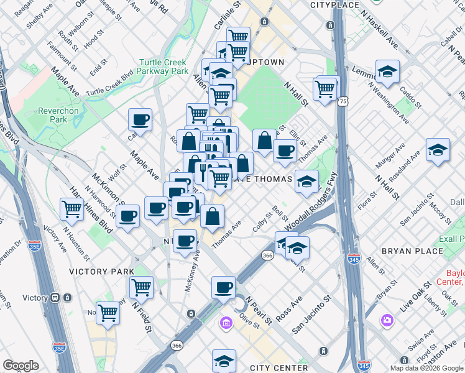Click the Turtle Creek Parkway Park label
pos(163,67)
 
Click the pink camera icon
pos(388,320)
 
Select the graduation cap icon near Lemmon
pos(387,73)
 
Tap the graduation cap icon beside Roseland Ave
pos(438,150)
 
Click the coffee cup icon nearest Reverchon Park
pos(140,120)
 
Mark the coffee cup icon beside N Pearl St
pos(223,287)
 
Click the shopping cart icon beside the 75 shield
pos(325,90)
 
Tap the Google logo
pos(21,366)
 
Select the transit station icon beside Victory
pos(55,298)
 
